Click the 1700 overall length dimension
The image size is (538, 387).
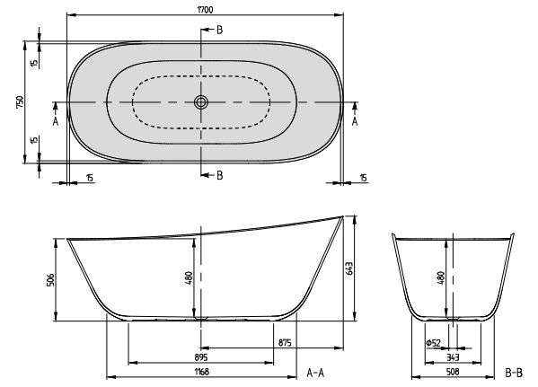coord(205,10)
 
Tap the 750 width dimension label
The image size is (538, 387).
coord(20,102)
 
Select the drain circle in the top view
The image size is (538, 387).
coord(200,102)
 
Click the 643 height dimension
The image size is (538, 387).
coord(349,268)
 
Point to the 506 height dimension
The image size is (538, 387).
coord(50,280)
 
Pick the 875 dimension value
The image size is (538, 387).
coord(285,343)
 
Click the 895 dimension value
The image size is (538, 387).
coord(201,357)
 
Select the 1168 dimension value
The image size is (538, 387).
coord(201,372)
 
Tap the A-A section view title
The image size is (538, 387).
coord(315,373)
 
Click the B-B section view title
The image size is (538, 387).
coord(514,373)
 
